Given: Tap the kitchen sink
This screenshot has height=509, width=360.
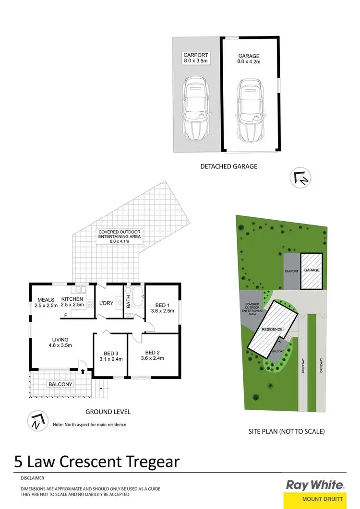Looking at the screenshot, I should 80,289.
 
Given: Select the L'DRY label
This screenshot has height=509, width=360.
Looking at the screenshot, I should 106,303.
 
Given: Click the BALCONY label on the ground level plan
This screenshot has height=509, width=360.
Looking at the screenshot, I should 60,384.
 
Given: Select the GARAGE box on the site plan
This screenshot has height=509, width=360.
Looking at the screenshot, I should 311,271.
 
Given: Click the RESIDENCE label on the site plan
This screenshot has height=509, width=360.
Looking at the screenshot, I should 272,329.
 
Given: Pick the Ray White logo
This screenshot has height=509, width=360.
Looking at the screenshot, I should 315,485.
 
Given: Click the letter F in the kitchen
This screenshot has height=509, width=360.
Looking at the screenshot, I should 66,315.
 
